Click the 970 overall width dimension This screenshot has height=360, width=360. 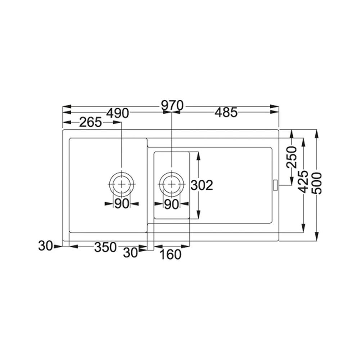pos(172,105)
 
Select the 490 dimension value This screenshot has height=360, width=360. pos(118,113)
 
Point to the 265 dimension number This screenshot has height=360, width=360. pos(90,122)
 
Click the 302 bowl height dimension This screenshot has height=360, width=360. pos(202,185)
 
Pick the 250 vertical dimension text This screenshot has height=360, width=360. pos(292,157)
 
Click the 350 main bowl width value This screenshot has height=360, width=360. pos(105,247)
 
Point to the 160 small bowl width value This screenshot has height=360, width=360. pos(170,255)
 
